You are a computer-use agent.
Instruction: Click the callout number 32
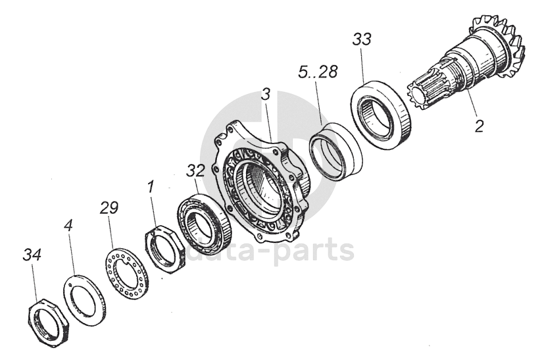coord(195,170)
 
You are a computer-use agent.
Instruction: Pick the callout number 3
coord(264,94)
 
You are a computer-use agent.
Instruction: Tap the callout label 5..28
coord(317,72)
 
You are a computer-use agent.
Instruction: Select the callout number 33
coord(361,39)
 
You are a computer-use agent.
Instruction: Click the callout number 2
coord(479,125)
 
